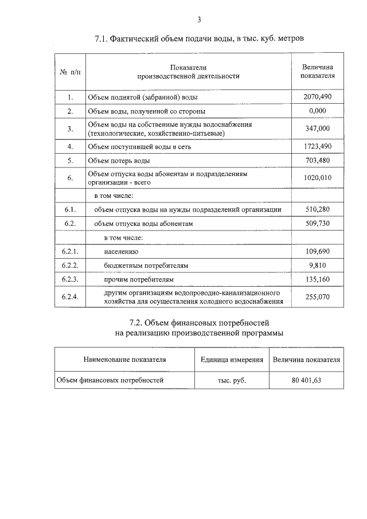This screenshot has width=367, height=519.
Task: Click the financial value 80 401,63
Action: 306,380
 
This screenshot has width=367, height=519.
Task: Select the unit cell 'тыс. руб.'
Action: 232,380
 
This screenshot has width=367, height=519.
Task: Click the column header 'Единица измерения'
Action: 232,360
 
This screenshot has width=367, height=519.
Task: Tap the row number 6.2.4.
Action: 70,296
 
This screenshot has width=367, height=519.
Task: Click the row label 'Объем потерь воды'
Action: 118,161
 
